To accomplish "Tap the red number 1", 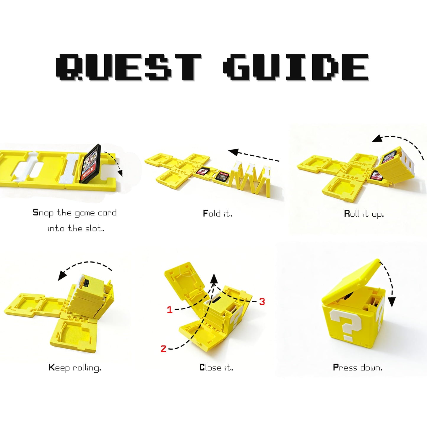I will (x=169, y=310).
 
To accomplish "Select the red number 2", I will (x=163, y=349).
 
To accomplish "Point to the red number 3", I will (x=262, y=302).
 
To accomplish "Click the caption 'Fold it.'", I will (x=217, y=213).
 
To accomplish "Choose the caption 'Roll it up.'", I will (x=364, y=214).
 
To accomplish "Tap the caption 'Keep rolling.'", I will (x=75, y=368).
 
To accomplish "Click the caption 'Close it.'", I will (x=216, y=367).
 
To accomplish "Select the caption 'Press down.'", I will (x=358, y=367).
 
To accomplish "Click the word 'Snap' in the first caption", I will (x=43, y=212).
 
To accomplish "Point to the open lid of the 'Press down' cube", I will (x=352, y=282).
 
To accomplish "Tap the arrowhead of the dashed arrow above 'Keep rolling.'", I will (x=61, y=277).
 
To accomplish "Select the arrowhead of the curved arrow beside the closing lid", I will (x=392, y=303).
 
